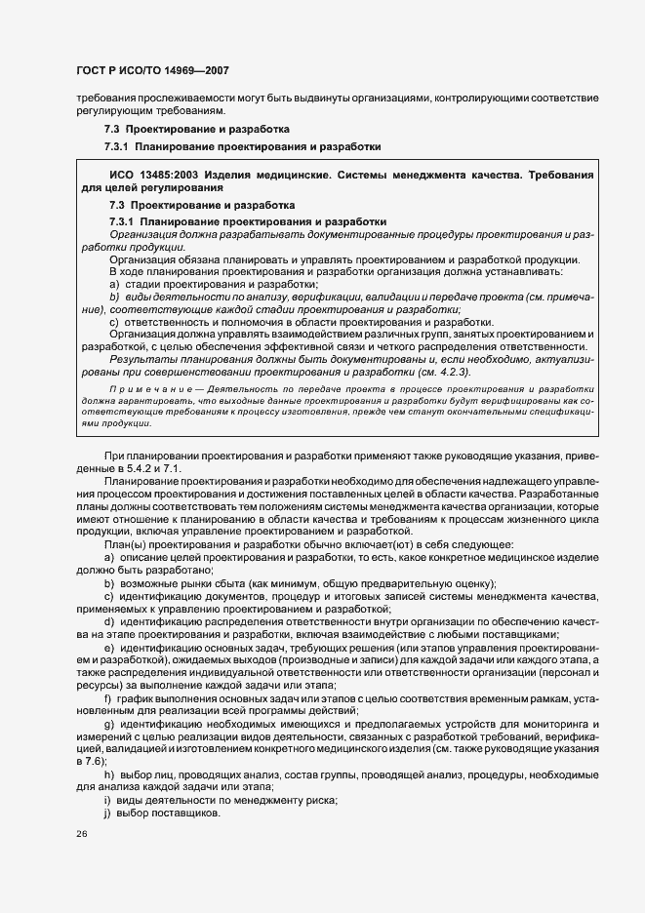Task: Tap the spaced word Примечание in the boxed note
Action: coord(142,386)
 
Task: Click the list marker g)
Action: coord(108,724)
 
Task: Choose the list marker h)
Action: coord(108,774)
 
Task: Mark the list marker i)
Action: coord(107,800)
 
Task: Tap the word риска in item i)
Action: coord(320,800)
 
